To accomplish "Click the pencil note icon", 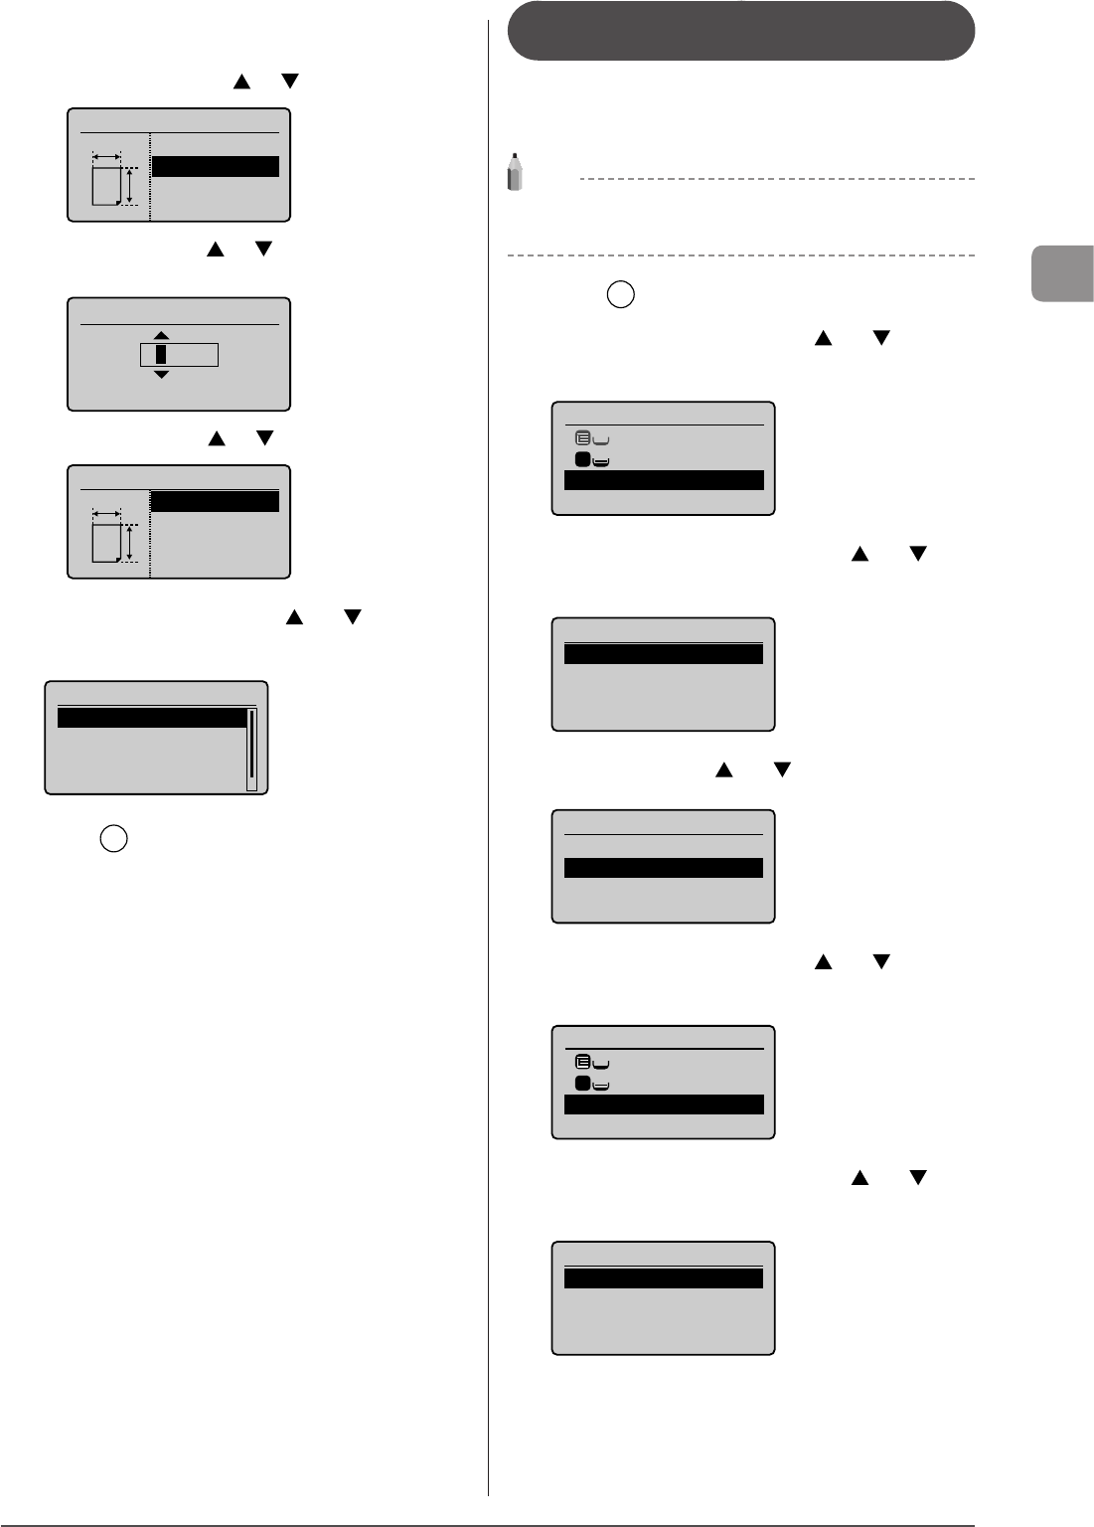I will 514,171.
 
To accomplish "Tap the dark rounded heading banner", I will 740,31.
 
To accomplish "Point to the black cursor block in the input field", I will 161,354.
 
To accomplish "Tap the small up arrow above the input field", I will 162,335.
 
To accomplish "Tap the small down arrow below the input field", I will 162,374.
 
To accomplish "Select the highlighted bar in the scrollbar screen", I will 152,718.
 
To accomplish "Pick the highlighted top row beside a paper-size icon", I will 215,501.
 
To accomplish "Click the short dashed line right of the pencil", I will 775,179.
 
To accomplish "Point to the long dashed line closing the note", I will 740,256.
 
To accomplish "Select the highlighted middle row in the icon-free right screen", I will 663,868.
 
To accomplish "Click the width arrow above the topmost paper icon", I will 105,156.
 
